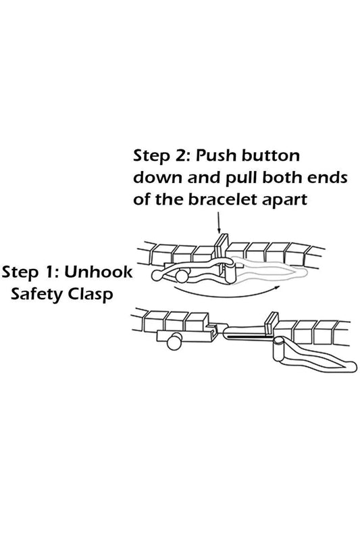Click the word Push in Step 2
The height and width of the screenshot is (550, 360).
coord(216,155)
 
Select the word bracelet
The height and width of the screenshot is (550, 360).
coord(218,199)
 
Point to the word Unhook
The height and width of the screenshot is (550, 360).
coord(99,272)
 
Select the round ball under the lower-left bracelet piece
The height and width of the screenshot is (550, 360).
coord(174,342)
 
